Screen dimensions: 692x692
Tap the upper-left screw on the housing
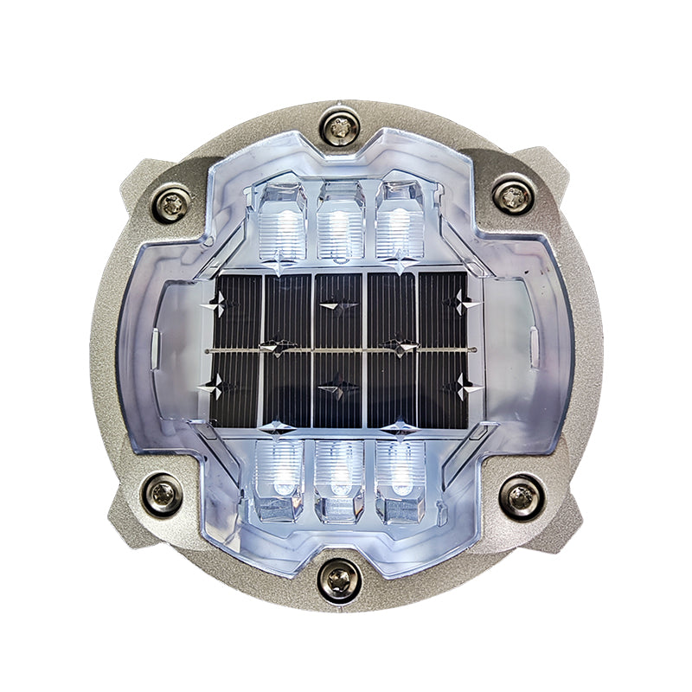click(x=172, y=203)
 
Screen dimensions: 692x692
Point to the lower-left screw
click(x=162, y=494)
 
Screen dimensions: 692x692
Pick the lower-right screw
click(x=522, y=497)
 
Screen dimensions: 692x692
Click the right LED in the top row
click(x=399, y=223)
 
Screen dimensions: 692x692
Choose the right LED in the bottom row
click(x=398, y=478)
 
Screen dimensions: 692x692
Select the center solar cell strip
click(x=338, y=350)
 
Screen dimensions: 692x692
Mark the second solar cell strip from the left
click(x=286, y=350)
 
